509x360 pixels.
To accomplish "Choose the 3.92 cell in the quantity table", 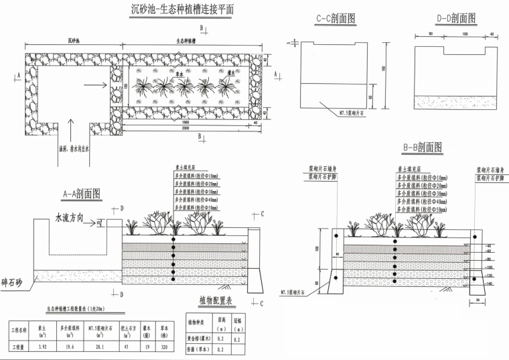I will click(x=43, y=348).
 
